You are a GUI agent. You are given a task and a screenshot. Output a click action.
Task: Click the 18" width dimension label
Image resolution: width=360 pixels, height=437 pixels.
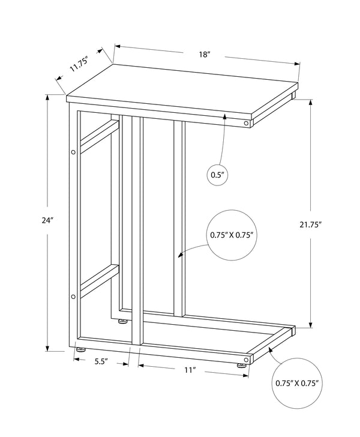[204, 55]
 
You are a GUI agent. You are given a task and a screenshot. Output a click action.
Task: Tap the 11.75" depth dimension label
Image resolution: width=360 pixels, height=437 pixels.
[79, 64]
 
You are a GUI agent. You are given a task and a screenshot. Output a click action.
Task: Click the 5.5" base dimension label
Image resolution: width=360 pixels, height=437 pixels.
[101, 362]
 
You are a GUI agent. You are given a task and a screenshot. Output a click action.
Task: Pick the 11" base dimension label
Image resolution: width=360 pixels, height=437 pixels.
[190, 370]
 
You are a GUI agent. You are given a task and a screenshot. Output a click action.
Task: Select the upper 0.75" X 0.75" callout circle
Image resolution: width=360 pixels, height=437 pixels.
[232, 235]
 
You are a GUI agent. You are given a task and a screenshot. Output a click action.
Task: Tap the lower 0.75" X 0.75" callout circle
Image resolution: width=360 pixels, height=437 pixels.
[297, 383]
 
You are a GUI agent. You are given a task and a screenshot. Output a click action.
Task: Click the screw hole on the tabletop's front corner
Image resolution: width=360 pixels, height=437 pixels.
[246, 123]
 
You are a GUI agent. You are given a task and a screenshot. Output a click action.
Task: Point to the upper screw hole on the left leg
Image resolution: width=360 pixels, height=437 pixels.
[73, 152]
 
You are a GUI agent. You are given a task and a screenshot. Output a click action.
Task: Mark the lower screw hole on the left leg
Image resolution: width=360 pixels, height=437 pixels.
[73, 297]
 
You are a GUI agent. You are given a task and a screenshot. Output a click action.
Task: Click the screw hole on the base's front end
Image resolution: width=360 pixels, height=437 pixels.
[246, 360]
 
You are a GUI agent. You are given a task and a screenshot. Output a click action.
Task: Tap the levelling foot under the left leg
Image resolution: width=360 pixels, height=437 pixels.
[81, 349]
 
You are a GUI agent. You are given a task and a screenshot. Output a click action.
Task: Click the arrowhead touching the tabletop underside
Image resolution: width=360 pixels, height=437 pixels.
[225, 116]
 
